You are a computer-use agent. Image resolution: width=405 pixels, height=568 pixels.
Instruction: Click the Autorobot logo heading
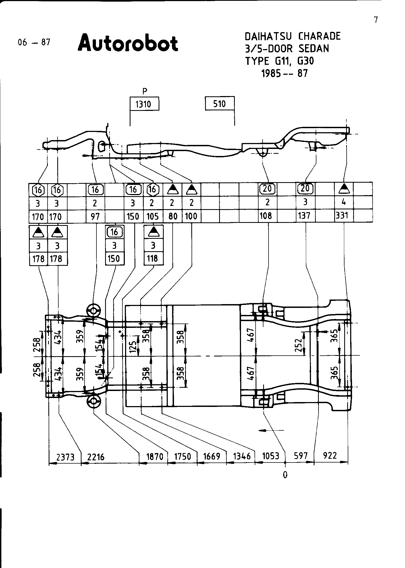point(128,43)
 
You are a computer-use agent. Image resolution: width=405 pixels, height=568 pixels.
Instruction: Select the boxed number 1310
point(145,104)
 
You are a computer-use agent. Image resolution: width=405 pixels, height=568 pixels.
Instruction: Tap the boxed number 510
point(220,104)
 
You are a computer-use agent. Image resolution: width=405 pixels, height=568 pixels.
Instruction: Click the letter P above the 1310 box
point(145,91)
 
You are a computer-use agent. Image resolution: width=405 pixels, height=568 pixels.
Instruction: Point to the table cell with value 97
point(95,216)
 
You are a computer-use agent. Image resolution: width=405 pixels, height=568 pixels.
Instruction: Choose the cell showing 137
point(306,216)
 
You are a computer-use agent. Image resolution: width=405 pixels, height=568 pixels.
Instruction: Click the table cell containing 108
point(268,216)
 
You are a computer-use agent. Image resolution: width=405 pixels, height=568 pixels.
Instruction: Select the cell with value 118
point(153,259)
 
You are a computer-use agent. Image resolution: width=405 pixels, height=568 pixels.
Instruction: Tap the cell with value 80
point(173,216)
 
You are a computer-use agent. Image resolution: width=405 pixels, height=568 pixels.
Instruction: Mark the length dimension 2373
point(65,457)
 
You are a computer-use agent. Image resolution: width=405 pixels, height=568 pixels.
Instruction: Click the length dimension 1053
point(270,456)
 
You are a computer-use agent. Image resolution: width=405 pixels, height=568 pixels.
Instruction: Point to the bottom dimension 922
point(330,455)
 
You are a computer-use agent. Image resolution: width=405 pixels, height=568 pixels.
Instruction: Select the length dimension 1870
point(155,457)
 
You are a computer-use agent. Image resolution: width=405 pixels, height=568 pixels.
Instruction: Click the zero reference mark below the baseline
point(285,475)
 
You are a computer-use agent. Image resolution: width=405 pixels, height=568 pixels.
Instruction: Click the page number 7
point(376,20)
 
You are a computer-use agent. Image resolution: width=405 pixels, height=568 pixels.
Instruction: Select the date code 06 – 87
point(34,42)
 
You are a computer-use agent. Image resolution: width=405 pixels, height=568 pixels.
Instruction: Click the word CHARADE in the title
point(320,36)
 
